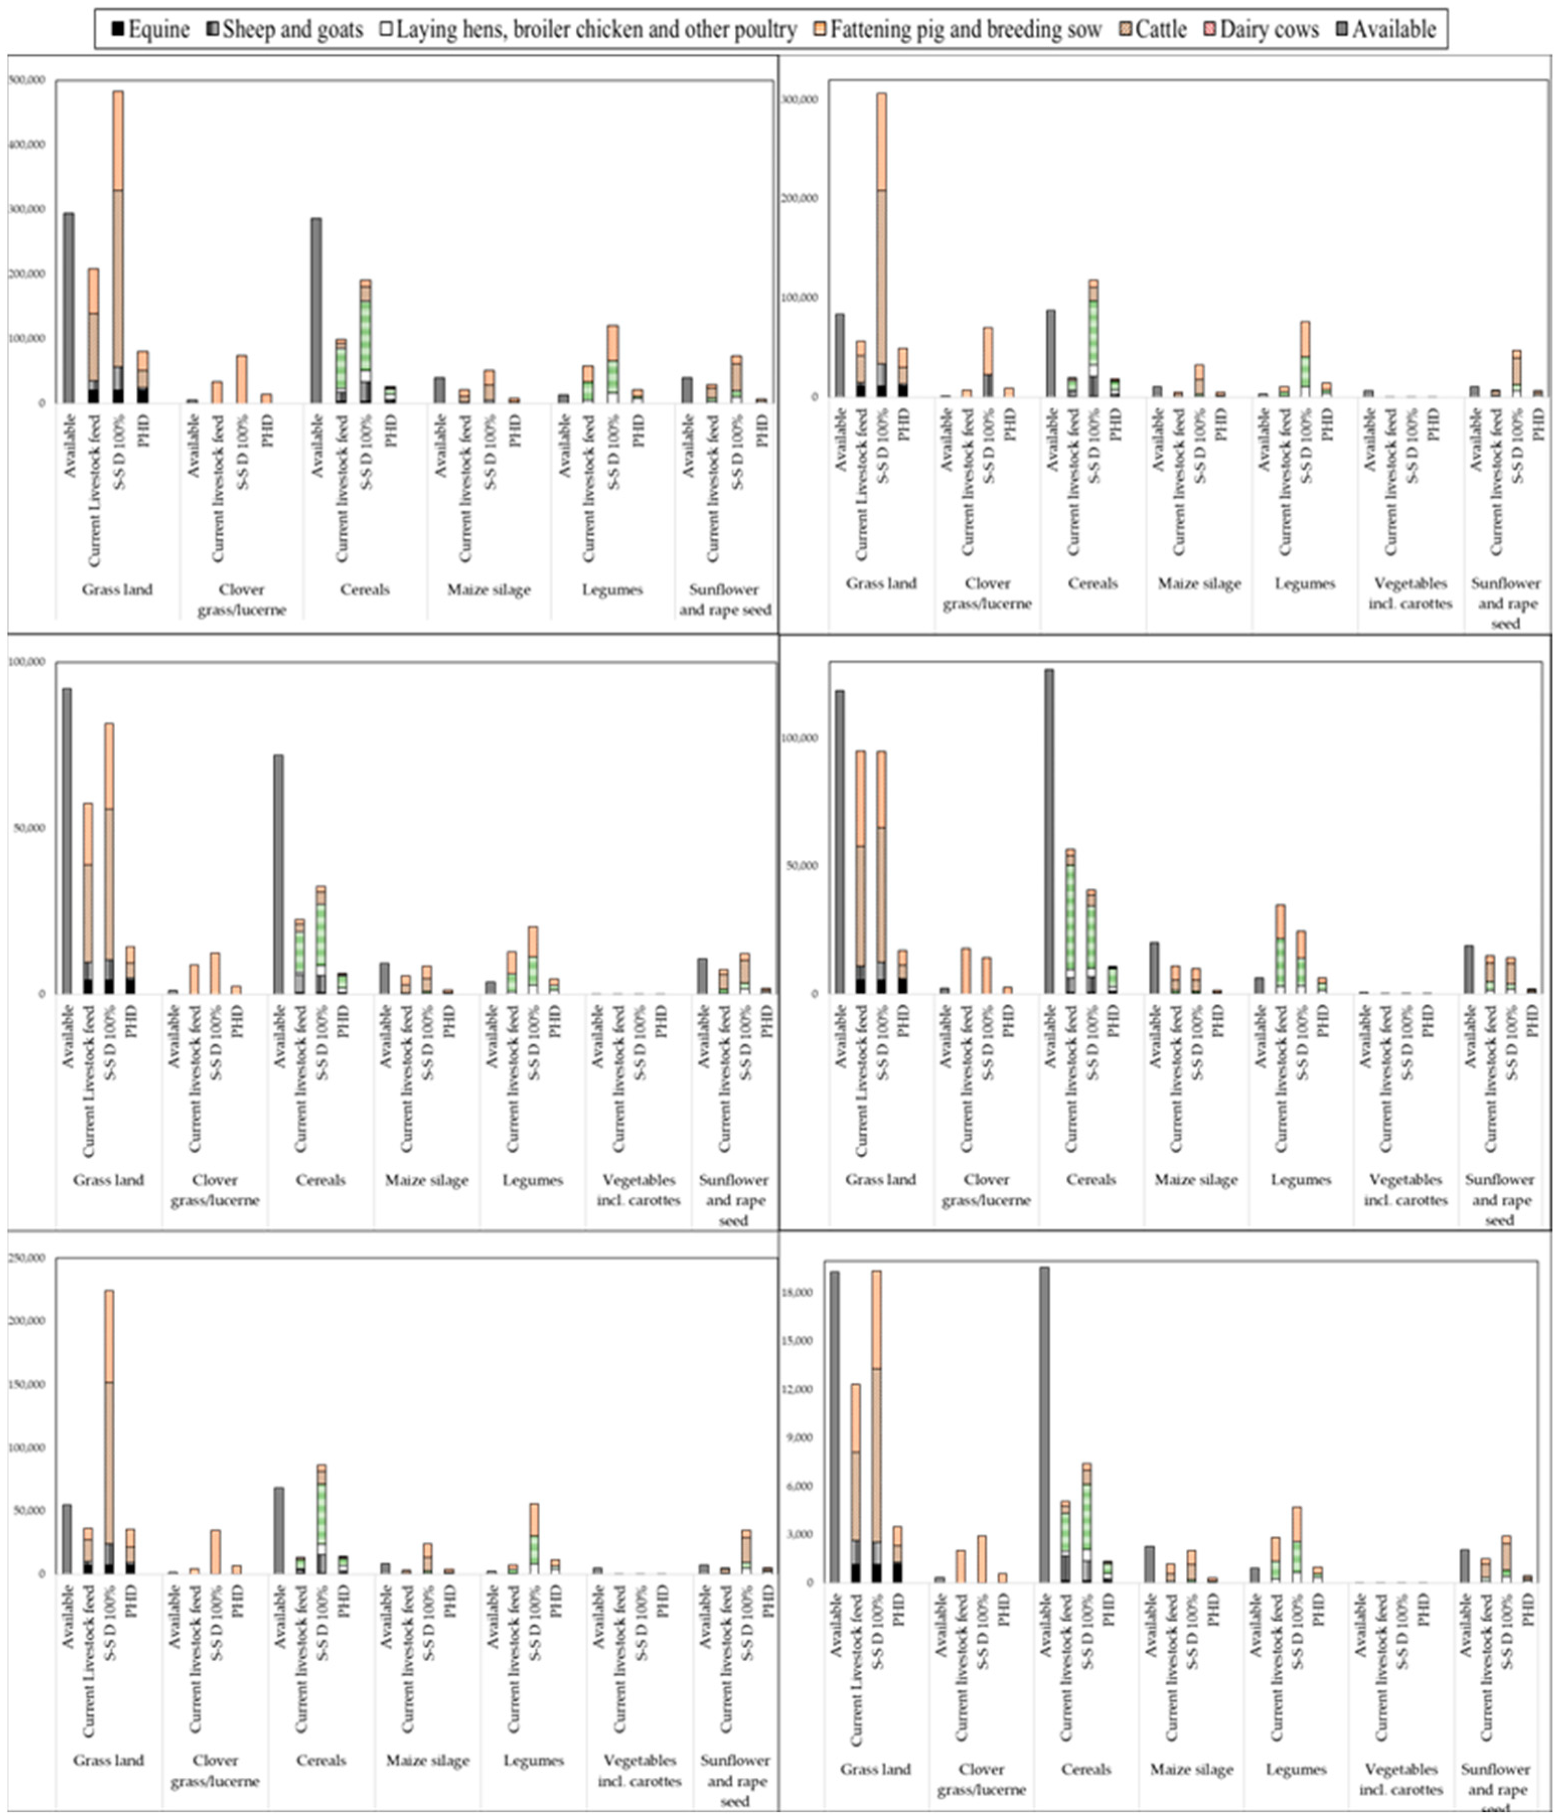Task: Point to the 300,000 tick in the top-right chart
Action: point(800,99)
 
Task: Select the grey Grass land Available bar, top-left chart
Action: point(68,307)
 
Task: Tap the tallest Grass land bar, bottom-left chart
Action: point(109,1432)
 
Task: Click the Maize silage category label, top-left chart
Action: point(489,589)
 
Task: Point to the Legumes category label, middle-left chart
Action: point(532,1179)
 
